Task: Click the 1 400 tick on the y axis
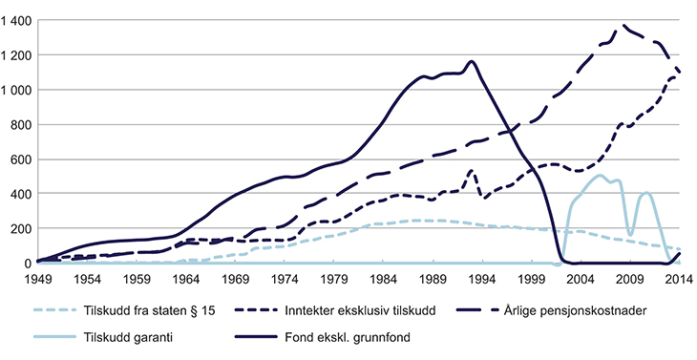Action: [x=17, y=20]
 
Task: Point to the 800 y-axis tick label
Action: [x=21, y=124]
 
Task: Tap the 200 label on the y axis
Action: [x=21, y=228]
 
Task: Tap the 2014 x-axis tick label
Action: [x=680, y=279]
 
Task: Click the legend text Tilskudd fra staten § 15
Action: [x=158, y=310]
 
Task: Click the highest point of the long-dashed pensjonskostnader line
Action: [x=624, y=26]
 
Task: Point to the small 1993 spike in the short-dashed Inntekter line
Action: [x=472, y=172]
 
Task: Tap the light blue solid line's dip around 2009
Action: [x=630, y=234]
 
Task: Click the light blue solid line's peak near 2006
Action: [x=600, y=176]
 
